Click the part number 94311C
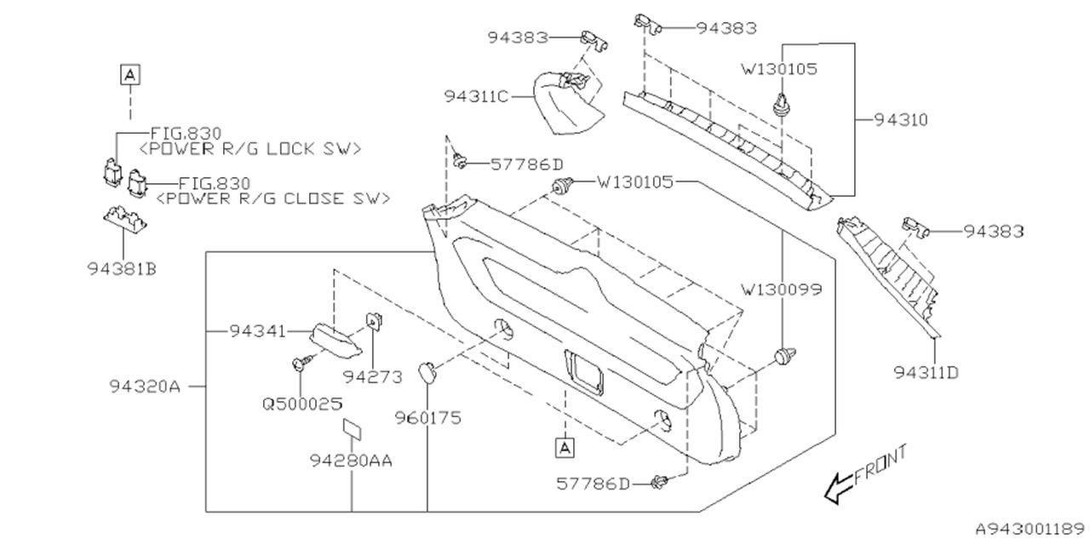click(x=475, y=96)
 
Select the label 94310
click(x=900, y=120)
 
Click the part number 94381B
click(x=121, y=268)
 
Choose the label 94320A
click(x=145, y=386)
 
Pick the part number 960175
click(x=427, y=418)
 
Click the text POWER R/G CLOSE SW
click(x=273, y=198)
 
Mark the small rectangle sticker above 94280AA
click(x=353, y=429)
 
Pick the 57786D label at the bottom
click(x=594, y=484)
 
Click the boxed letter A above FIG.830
click(x=129, y=74)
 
